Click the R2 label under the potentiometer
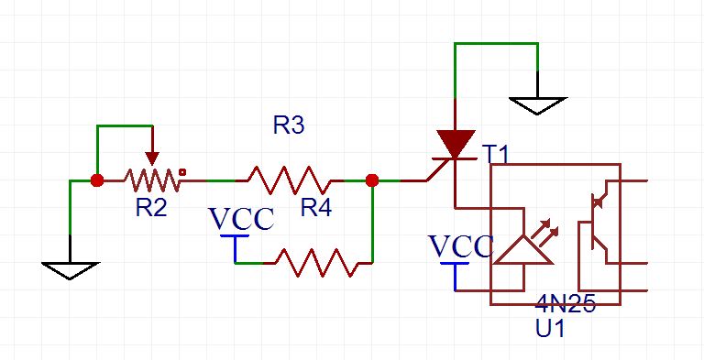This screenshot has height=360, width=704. pos(151,208)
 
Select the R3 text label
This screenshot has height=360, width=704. pos(289,125)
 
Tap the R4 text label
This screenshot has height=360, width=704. pos(316,208)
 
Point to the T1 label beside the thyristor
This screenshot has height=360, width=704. pos(497,156)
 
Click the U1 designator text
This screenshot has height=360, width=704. pos(550,329)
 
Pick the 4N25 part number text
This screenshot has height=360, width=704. pos(566,305)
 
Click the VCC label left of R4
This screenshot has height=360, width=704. pos(242,219)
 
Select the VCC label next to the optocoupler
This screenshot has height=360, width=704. pos(462,246)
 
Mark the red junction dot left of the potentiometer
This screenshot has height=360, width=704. pos(97,180)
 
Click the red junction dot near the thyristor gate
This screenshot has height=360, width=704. pos(372,180)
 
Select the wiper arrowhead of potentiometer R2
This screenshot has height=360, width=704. pos(152,158)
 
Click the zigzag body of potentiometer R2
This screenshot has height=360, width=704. pos(152,180)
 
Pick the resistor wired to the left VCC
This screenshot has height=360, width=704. pos(317,263)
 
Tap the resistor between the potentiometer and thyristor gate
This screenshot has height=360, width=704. pos(290,180)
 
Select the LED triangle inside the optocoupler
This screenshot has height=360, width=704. pos(523,248)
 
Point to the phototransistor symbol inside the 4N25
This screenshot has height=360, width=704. pos(597,222)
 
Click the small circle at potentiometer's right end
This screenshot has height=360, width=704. pos(182,171)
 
